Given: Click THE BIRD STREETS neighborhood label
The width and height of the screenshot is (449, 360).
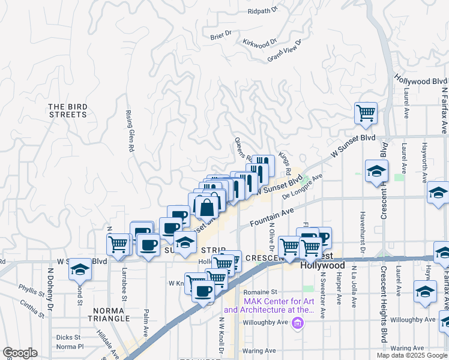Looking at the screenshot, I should tap(68, 110).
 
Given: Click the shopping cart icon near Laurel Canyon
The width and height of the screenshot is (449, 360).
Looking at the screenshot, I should tap(366, 113).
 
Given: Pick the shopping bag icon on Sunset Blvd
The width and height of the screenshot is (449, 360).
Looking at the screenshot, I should tap(206, 208).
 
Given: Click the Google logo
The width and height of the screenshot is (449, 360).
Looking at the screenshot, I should tap(20, 353).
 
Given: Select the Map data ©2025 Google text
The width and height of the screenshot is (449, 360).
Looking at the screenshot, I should tap(412, 355).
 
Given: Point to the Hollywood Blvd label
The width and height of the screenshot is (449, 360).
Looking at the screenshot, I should tap(420, 80).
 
